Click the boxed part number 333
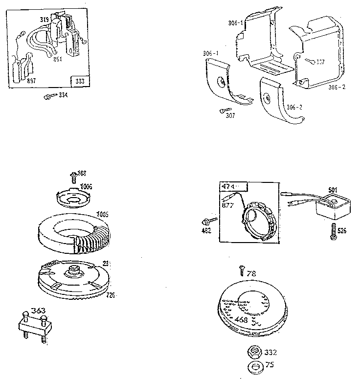point(80,81)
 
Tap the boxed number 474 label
point(229,186)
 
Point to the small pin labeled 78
point(241,269)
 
